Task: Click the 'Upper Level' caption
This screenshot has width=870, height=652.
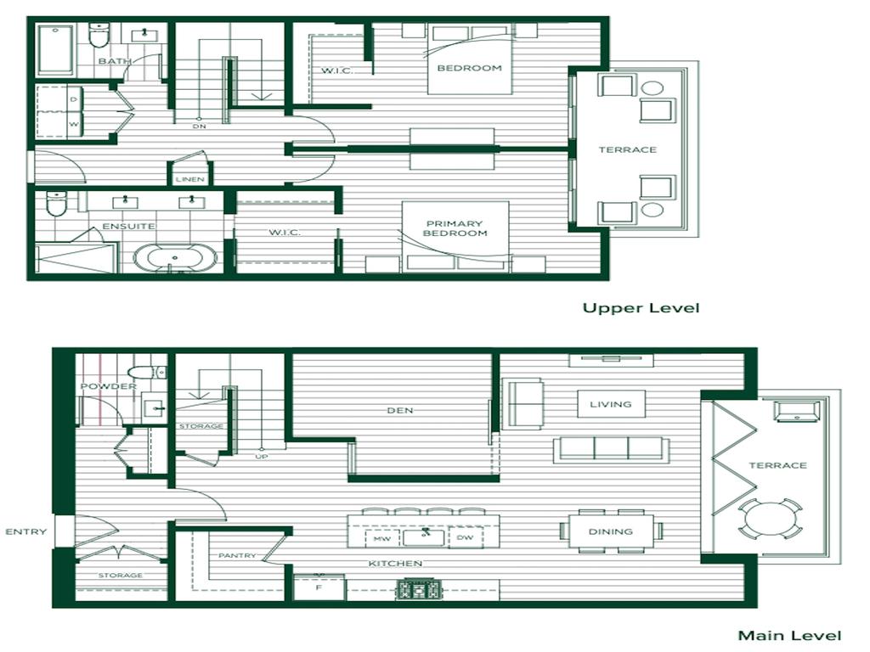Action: coord(641,308)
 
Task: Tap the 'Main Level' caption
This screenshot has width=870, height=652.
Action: coord(789,635)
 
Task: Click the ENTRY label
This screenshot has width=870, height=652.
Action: coord(26,531)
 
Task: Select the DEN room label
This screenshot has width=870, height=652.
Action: coord(400,410)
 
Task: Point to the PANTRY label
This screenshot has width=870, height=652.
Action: coord(238,555)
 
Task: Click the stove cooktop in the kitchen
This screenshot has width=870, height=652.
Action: coord(419,589)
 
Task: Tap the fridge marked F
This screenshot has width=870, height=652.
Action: coord(319,587)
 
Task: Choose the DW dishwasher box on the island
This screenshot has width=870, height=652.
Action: coord(465,537)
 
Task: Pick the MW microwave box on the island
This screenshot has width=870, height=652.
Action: coord(381,538)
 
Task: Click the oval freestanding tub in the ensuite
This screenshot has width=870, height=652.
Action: coord(175,258)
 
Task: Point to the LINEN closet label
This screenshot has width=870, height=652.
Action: coord(190,180)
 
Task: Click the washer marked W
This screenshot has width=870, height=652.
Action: coord(74,124)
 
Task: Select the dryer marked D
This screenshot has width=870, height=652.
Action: coord(74,100)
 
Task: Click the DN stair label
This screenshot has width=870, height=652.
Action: coord(200,126)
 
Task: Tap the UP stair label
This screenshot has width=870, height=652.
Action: coord(262,456)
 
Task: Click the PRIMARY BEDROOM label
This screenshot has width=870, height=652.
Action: coord(455,228)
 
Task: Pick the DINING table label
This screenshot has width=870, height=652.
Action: coord(610,531)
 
